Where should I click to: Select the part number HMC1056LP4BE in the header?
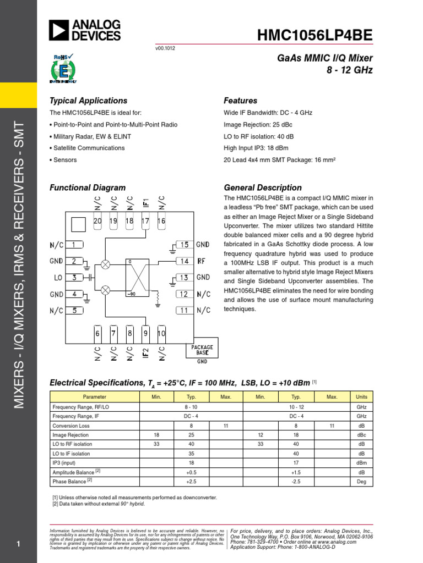click(315, 36)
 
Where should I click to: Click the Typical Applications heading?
click(88, 101)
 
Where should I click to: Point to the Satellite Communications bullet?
click(87, 148)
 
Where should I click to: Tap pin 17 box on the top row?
click(145, 221)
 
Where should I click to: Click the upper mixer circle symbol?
click(106, 264)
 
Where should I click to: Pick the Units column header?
click(361, 396)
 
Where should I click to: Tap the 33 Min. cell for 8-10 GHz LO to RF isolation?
click(156, 444)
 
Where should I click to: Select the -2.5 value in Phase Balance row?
click(296, 482)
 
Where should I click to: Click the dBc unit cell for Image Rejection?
click(361, 435)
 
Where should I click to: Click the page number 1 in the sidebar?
click(19, 544)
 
